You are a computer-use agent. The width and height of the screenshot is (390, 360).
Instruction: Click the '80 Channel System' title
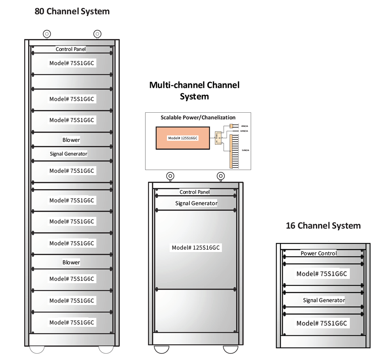click(72, 11)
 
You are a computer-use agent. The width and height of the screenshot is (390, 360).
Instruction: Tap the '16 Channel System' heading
click(323, 225)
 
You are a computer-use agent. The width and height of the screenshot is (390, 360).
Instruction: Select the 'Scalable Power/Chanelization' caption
click(198, 117)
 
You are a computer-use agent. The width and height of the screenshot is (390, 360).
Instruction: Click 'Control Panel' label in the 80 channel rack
click(71, 49)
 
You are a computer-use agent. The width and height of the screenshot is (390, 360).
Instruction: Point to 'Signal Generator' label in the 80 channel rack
click(69, 154)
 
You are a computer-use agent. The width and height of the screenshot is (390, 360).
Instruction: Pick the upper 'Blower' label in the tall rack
click(71, 140)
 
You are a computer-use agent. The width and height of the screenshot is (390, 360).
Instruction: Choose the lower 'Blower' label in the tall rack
click(71, 262)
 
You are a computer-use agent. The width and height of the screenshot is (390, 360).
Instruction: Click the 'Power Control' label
click(319, 253)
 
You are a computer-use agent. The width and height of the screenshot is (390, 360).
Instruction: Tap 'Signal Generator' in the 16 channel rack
click(324, 300)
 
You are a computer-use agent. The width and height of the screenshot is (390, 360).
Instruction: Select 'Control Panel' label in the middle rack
click(195, 192)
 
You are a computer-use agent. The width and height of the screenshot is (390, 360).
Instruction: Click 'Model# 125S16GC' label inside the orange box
click(183, 138)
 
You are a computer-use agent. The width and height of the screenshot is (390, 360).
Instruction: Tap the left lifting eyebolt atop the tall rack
click(47, 34)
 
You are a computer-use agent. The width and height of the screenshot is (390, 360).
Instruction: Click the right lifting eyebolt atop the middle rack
click(221, 176)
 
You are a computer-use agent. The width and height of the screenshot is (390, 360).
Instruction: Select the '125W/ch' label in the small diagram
click(244, 131)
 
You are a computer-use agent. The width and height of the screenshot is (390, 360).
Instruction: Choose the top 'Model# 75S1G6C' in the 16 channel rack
click(321, 274)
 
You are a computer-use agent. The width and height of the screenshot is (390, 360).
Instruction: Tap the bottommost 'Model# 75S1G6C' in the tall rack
click(72, 323)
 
